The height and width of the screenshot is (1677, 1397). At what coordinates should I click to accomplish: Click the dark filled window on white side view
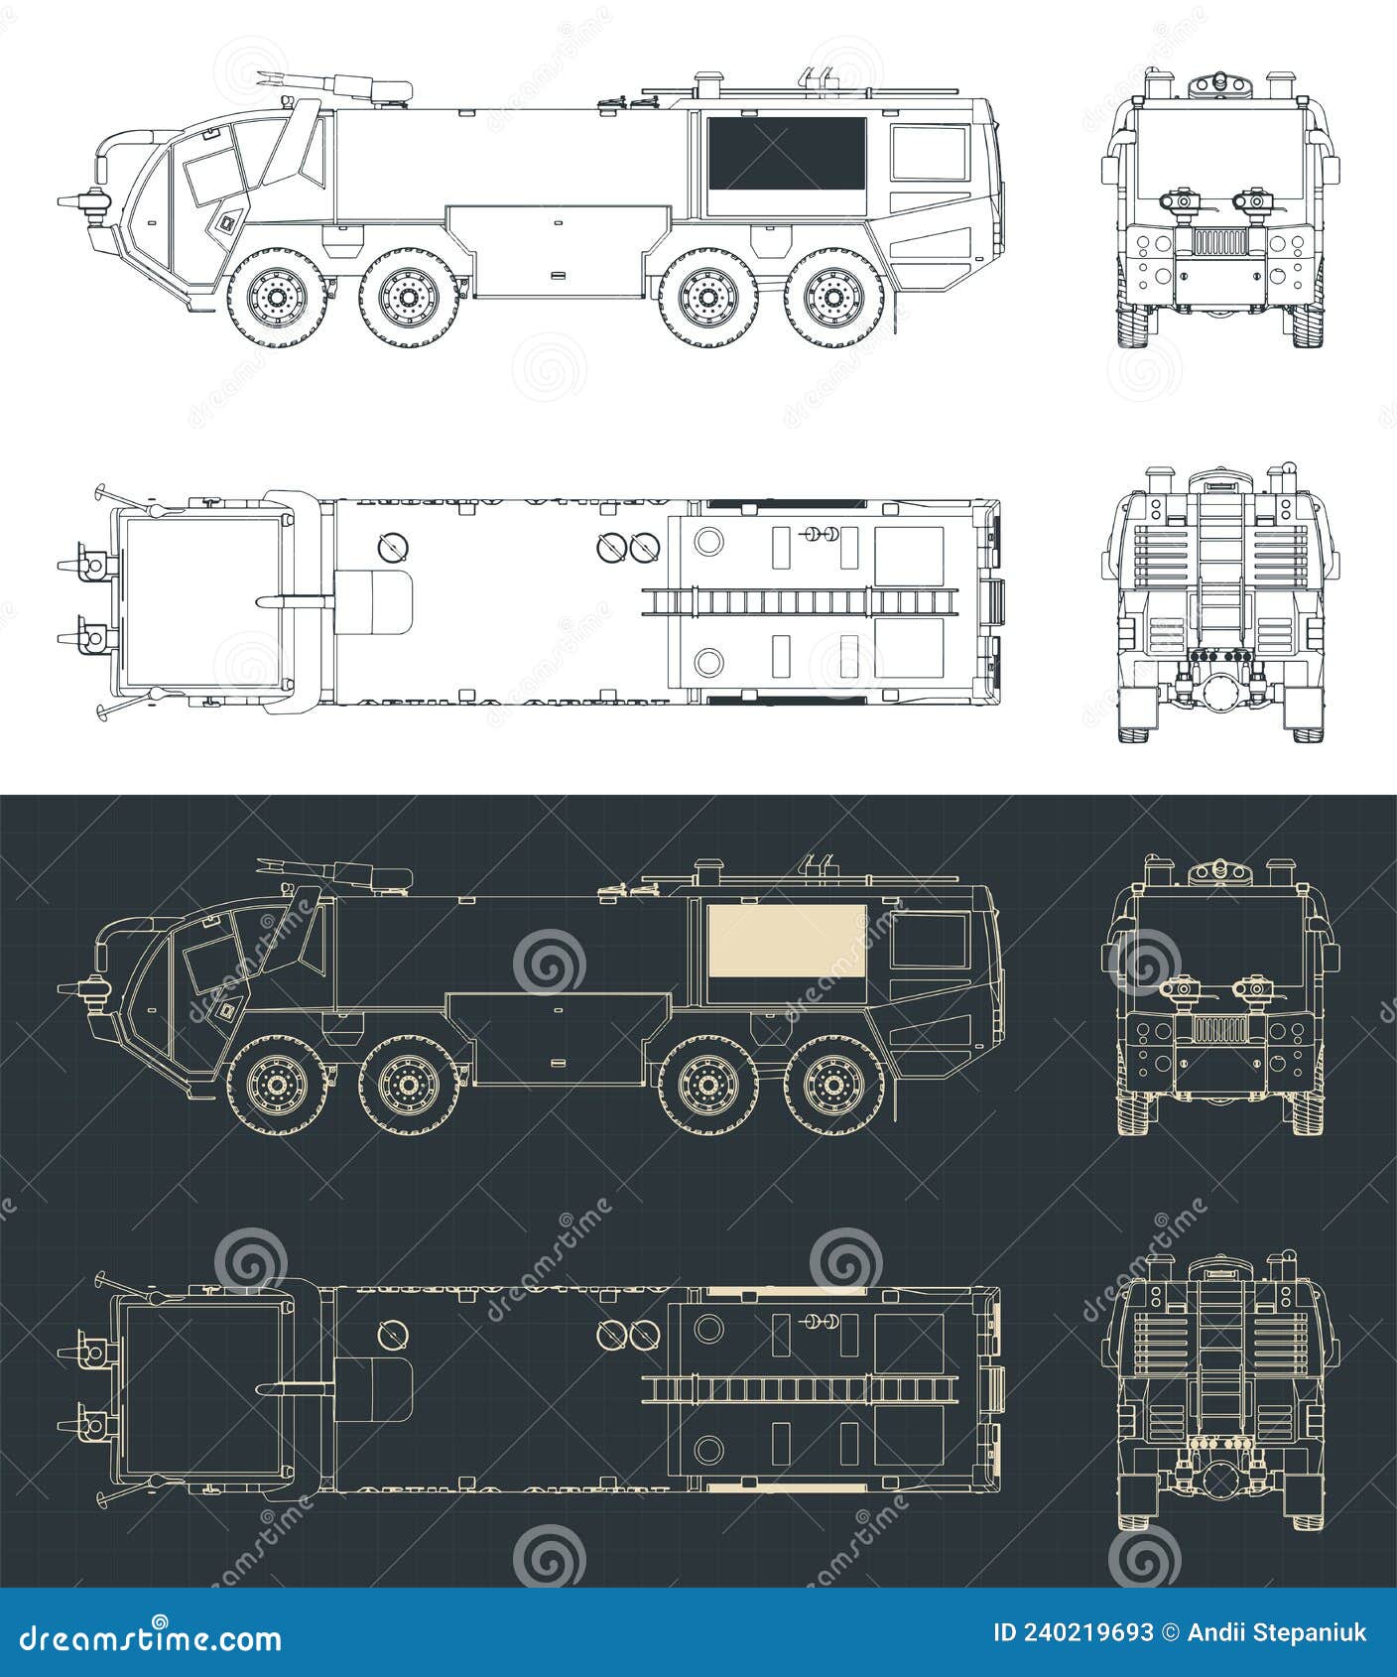coord(786,153)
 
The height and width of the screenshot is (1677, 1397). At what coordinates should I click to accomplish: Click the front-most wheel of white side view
coord(274,294)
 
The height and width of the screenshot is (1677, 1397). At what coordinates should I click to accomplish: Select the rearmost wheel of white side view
coord(833,294)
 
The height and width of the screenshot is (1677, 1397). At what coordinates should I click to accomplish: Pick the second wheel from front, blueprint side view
coord(407,1084)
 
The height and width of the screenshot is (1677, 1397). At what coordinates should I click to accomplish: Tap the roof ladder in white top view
coord(800,601)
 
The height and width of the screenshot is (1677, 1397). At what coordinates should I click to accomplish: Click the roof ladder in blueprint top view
coord(800,1387)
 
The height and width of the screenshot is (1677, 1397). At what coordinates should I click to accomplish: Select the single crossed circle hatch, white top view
coord(393,547)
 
